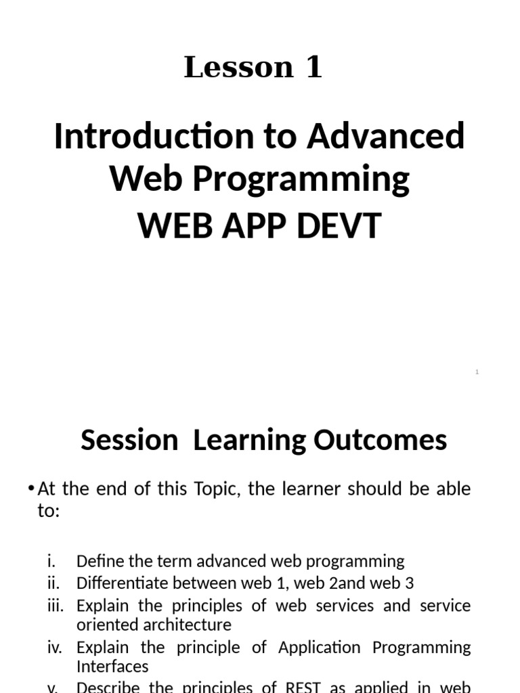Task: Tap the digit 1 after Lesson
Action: click(313, 68)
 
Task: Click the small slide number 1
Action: click(477, 372)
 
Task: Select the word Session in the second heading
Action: click(129, 440)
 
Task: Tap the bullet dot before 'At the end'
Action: click(32, 489)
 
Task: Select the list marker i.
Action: click(51, 561)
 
